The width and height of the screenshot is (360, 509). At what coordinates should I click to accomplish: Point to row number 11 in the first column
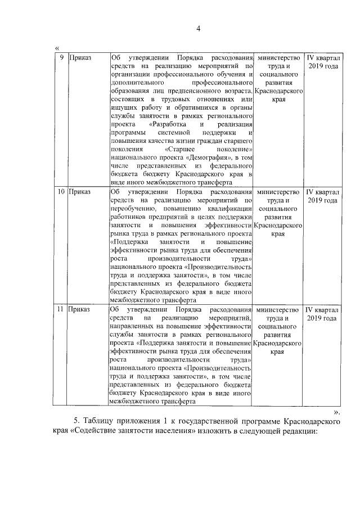coord(61,309)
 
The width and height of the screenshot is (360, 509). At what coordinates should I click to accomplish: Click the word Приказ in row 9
coord(80,57)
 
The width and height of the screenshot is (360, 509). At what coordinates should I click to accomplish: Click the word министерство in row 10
coord(277,192)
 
